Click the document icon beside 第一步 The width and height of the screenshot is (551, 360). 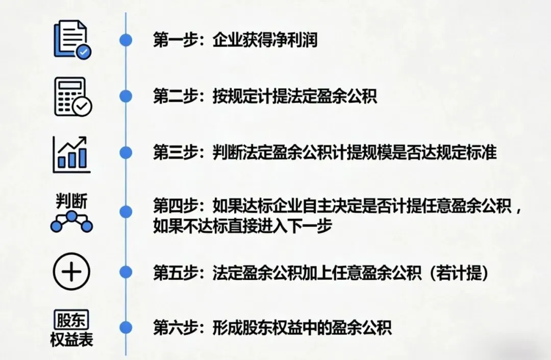71,39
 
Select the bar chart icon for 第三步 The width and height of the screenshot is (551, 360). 71,154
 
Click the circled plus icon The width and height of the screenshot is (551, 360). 71,271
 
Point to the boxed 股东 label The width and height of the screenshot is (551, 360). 71,320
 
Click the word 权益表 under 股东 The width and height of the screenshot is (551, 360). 71,340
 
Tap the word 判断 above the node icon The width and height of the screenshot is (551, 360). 71,201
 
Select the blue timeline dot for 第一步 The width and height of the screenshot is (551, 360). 126,40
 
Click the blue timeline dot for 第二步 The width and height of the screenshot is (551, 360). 126,96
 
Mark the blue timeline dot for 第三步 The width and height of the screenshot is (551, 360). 126,152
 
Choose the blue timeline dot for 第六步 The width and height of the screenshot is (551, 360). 126,327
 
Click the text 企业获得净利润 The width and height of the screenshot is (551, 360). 265,40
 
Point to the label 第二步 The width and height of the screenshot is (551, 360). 176,96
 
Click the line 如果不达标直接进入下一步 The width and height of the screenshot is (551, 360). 242,225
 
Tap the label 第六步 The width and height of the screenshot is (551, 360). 176,327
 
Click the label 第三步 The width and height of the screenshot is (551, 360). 176,152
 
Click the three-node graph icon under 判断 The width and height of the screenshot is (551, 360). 71,222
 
